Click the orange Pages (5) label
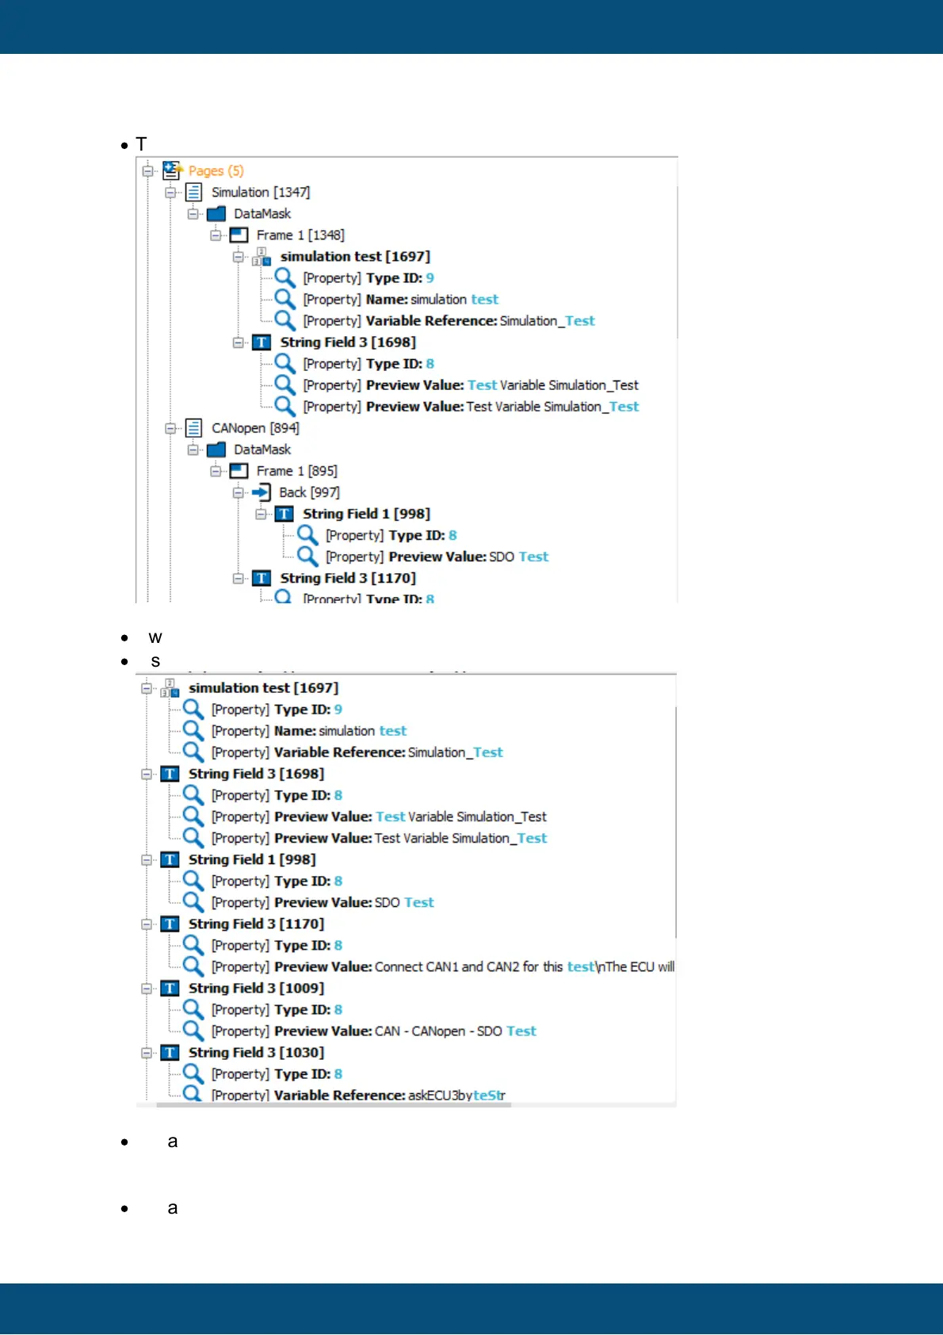216,171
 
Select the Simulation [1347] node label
260,193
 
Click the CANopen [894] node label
255,428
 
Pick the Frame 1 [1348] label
300,235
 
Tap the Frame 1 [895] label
296,471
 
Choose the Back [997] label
309,492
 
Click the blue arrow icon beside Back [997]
262,492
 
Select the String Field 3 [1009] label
256,989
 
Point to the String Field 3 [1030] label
256,1053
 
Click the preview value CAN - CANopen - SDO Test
455,1031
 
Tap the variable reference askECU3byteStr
456,1096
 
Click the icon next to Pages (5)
172,170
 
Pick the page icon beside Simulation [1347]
193,193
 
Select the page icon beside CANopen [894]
193,428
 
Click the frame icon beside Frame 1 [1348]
239,235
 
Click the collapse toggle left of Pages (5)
147,171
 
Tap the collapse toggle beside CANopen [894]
170,428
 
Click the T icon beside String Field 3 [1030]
170,1053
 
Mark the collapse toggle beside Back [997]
239,492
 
